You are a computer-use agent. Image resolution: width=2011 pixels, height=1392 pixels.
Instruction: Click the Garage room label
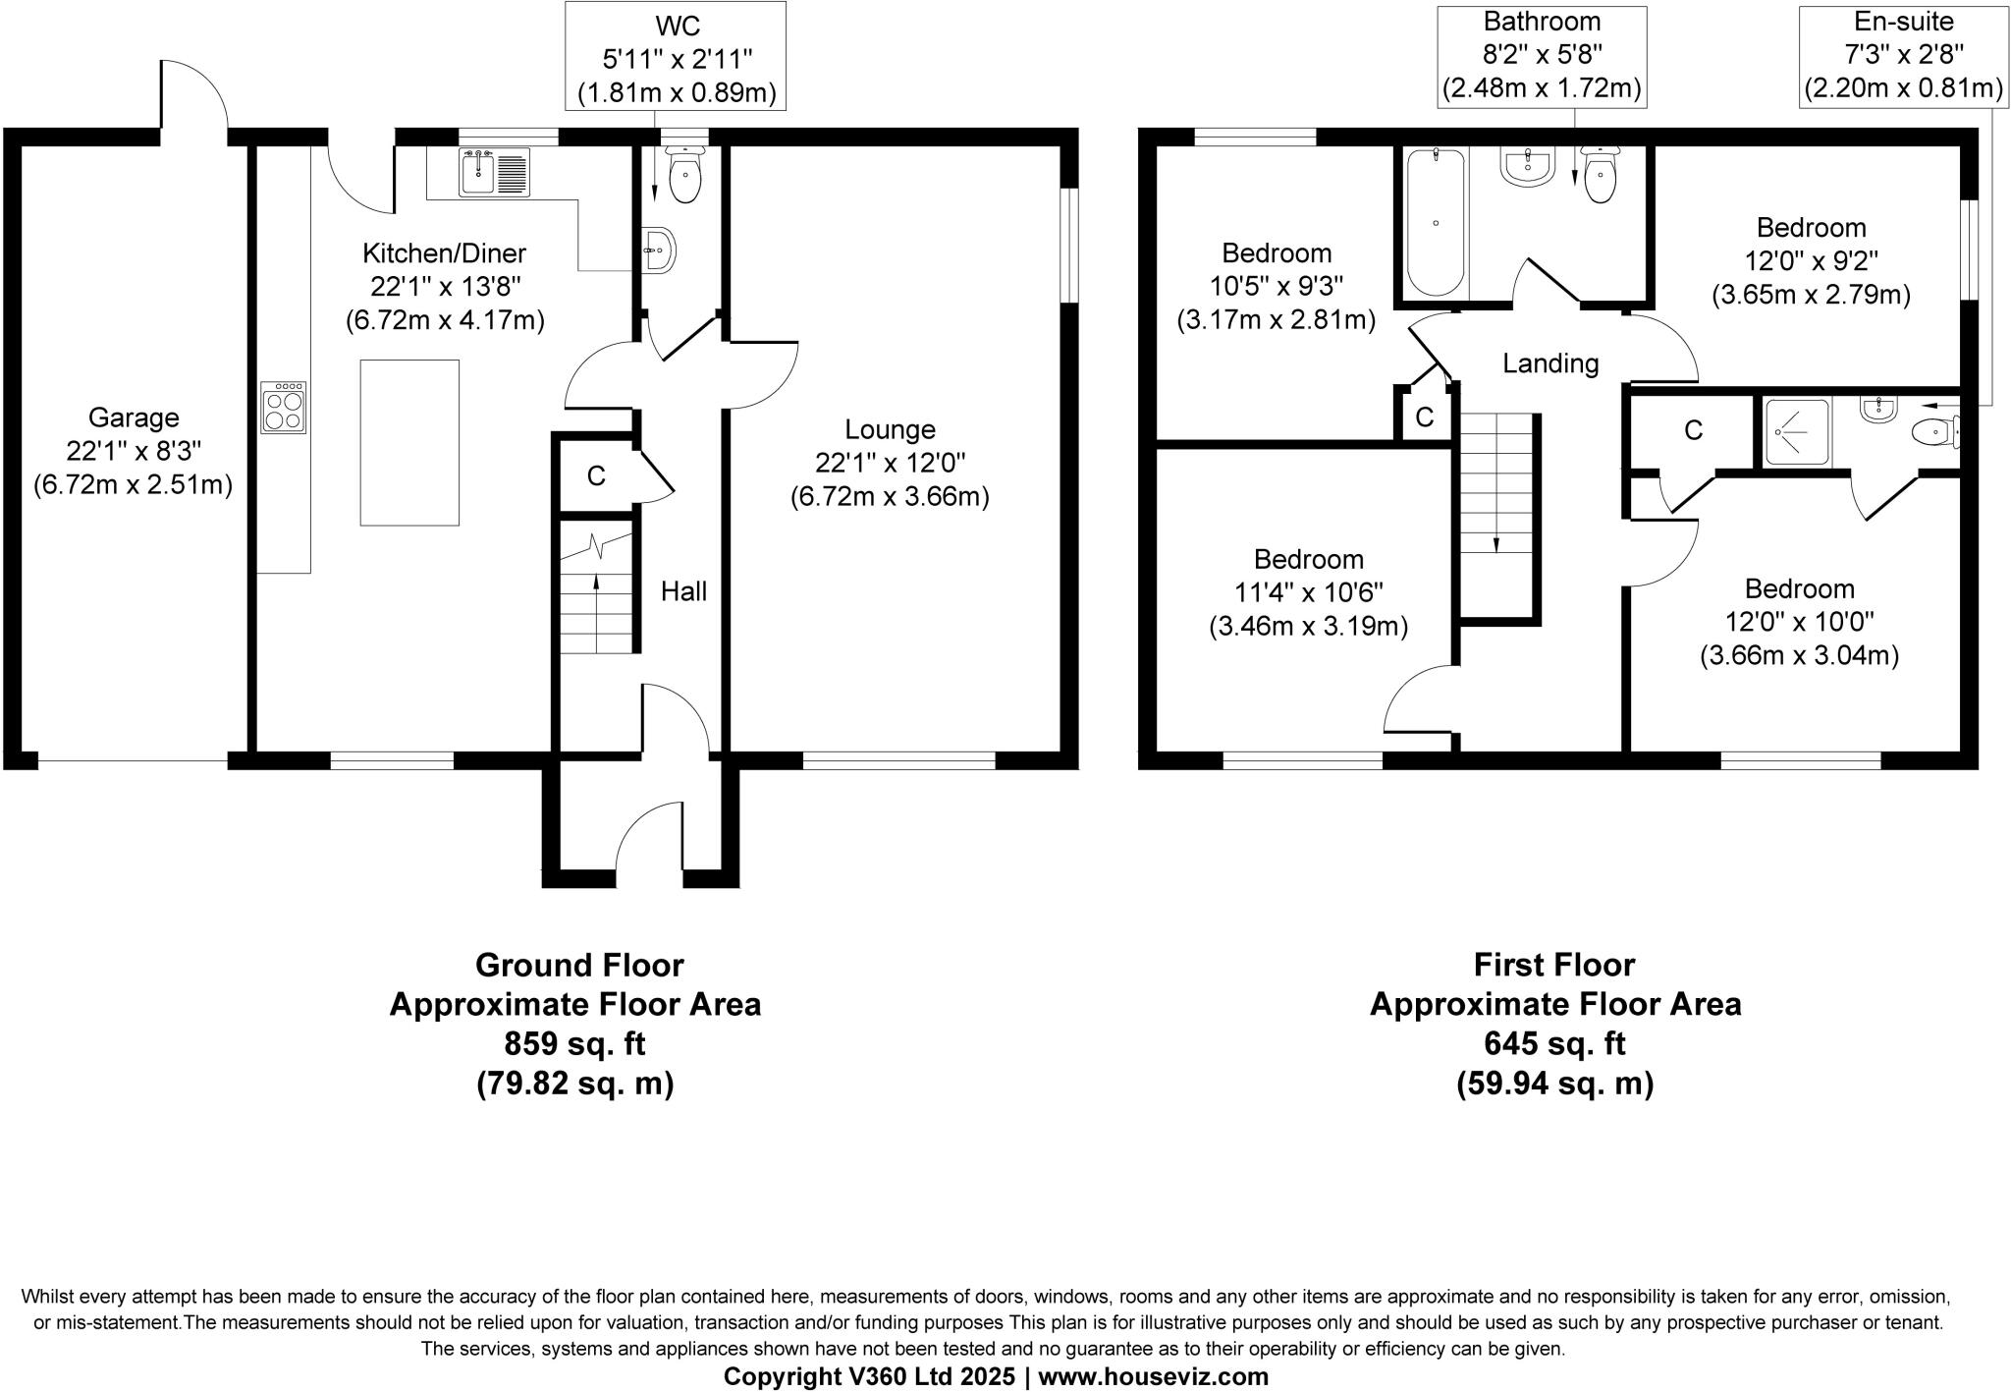tap(134, 418)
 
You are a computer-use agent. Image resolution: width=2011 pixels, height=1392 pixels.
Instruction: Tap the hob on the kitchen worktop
tap(284, 408)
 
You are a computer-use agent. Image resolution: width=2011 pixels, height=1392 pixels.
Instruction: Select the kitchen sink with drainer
tap(494, 173)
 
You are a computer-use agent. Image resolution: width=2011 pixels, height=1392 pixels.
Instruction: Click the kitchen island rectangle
tap(409, 442)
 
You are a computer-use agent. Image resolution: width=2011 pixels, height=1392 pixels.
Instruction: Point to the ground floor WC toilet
tap(684, 176)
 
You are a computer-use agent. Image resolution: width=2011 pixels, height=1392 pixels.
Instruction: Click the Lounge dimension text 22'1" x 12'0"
tap(890, 463)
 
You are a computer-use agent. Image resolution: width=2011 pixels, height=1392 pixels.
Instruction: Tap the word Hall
tap(683, 591)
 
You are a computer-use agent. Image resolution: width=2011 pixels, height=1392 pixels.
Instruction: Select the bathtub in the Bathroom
tap(1436, 221)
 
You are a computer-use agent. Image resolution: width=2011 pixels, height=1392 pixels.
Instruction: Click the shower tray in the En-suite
tap(1797, 433)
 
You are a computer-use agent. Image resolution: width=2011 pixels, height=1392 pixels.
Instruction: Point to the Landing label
tap(1550, 363)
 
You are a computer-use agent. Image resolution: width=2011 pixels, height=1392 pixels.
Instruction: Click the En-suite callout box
tap(1903, 54)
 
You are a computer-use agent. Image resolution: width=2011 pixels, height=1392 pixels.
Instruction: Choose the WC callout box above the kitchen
tap(677, 55)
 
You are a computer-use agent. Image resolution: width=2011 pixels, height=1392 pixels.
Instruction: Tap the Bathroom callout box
tap(1542, 54)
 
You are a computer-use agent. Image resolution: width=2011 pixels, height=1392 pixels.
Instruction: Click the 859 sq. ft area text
tap(575, 1043)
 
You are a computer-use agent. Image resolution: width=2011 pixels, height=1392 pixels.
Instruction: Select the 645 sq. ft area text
tap(1554, 1043)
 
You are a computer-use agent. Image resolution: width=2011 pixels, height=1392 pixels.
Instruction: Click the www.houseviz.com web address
tap(1153, 1376)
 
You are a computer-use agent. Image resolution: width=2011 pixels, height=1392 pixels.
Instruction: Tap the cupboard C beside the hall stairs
tap(596, 475)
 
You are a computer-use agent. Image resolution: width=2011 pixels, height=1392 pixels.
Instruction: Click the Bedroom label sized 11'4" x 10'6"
tap(1308, 560)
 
